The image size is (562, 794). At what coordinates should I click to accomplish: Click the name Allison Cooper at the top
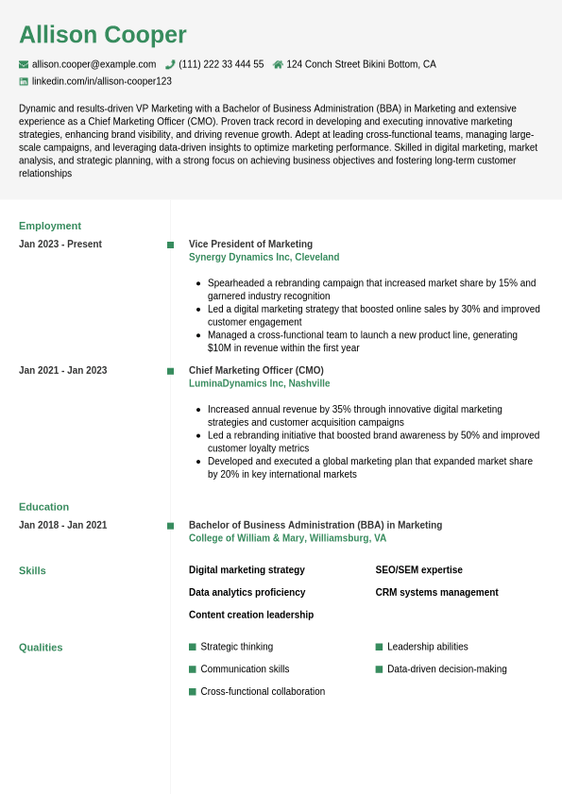tap(103, 35)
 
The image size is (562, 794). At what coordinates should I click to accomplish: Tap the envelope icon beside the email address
tap(24, 64)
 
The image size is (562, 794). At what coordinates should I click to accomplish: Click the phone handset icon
tap(170, 64)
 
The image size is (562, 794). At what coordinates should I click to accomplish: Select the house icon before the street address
tap(278, 64)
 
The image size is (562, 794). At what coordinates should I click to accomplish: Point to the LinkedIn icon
tap(24, 81)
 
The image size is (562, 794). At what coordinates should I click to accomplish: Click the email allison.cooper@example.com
tap(94, 64)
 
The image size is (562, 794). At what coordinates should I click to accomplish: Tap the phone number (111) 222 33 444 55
tap(221, 64)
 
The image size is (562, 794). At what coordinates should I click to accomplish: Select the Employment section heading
tap(50, 226)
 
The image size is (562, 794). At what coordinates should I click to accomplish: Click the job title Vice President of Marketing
tap(250, 244)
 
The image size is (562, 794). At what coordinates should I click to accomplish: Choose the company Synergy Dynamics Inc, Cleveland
tap(264, 257)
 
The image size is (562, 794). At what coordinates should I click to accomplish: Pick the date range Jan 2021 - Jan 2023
tap(62, 370)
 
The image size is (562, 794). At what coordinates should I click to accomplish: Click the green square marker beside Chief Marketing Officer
tap(170, 371)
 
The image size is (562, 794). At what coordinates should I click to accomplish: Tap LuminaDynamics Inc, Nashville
tap(259, 383)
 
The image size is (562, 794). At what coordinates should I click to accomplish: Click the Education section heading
tap(43, 507)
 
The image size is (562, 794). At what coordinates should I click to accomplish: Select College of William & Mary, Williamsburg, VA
tap(287, 538)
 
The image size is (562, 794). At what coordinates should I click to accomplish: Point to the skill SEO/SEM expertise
tap(418, 570)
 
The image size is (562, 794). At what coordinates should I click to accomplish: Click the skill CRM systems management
tap(436, 593)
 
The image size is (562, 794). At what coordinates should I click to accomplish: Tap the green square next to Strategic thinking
tap(193, 647)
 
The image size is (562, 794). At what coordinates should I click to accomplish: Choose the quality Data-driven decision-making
tap(447, 669)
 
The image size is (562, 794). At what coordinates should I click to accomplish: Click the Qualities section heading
tap(41, 648)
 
